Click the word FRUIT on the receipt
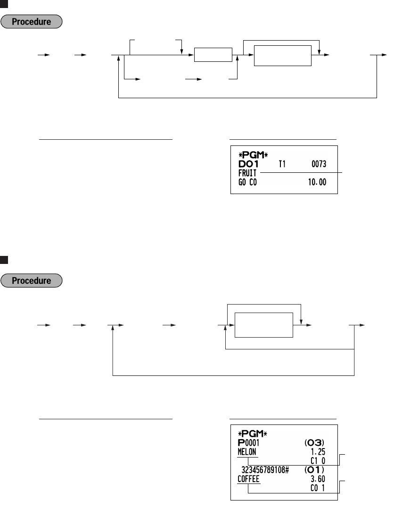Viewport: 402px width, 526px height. tap(246, 173)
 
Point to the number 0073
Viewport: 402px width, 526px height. tap(319, 163)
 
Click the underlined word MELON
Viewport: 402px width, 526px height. tap(247, 451)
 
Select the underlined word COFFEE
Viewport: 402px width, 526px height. tap(248, 479)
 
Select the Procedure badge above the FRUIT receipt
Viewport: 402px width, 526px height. tap(32, 22)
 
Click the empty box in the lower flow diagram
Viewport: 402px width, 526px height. tap(264, 325)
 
